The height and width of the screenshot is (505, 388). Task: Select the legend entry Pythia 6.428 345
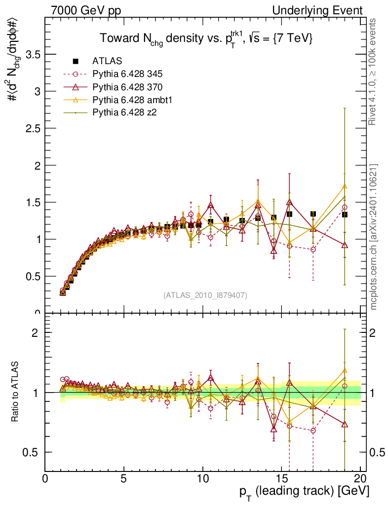[x=127, y=74]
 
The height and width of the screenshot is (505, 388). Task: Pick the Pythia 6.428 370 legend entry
[x=127, y=87]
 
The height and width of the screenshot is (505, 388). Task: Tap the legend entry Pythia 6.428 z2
[x=124, y=113]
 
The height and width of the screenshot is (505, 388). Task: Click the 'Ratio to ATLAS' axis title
[x=15, y=392]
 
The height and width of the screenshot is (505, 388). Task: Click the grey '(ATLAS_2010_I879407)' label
[x=205, y=295]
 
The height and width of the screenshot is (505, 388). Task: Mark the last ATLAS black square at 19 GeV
[x=345, y=215]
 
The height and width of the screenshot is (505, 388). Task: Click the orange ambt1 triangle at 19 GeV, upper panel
[x=345, y=186]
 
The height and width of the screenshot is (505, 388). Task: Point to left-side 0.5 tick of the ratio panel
[x=34, y=452]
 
